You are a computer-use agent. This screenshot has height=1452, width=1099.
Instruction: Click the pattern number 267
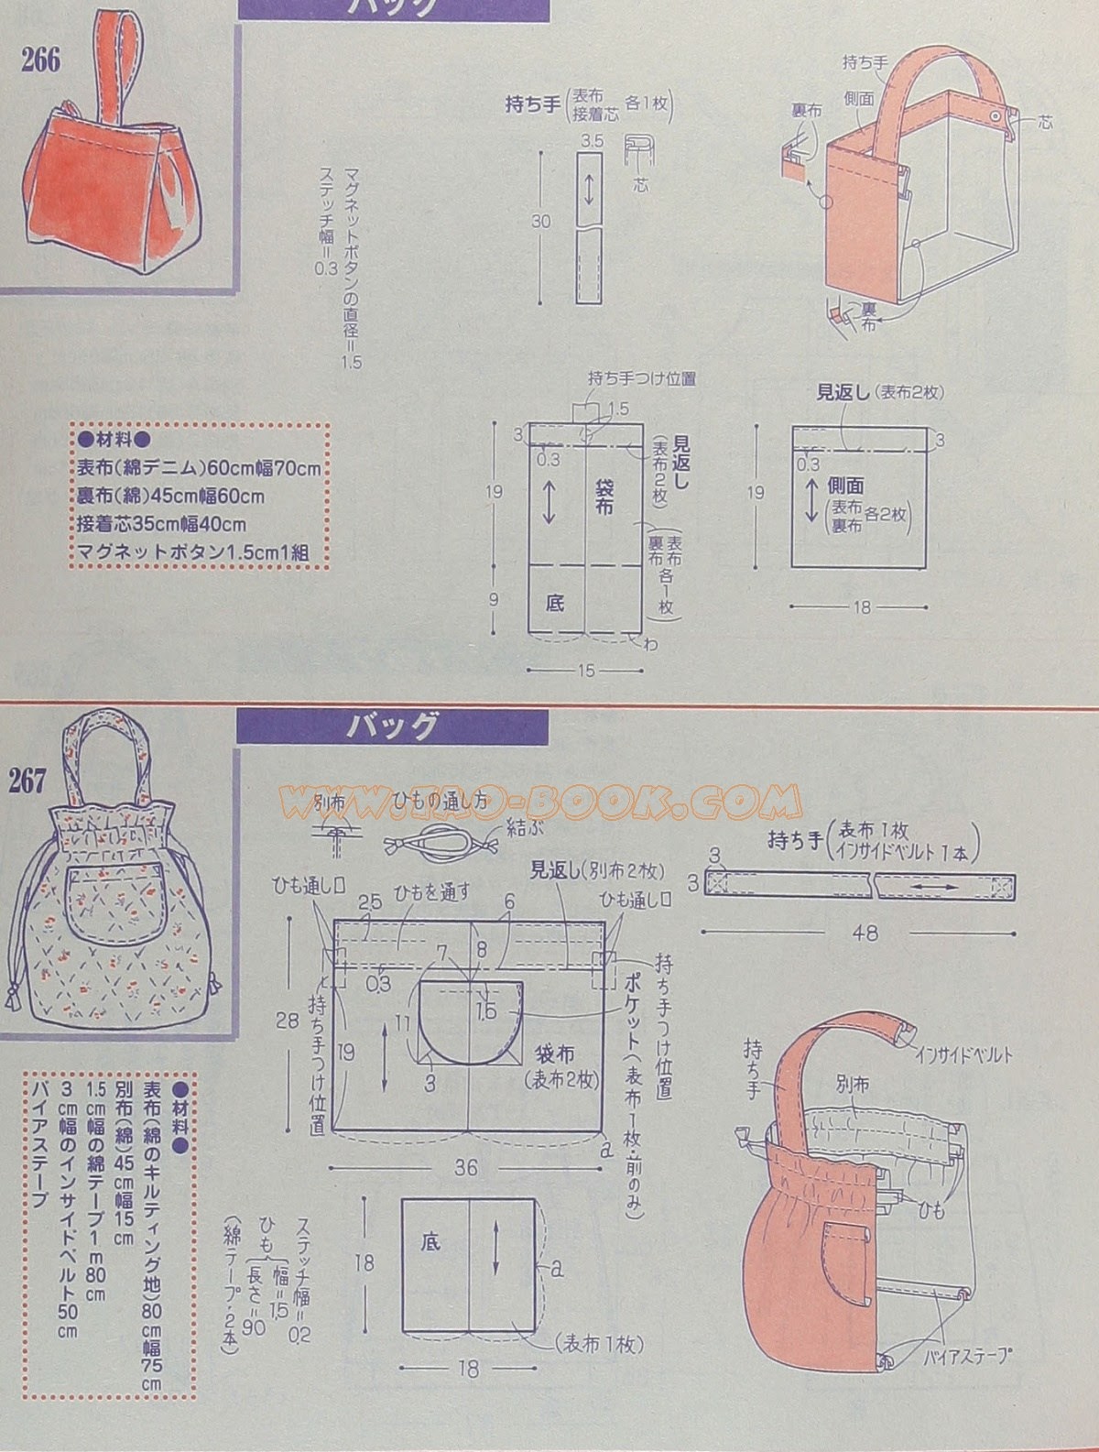pyautogui.click(x=27, y=781)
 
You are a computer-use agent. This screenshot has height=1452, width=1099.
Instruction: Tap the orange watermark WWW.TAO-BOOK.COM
pyautogui.click(x=540, y=800)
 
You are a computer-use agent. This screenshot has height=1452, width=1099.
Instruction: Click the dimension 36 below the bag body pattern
pyautogui.click(x=466, y=1168)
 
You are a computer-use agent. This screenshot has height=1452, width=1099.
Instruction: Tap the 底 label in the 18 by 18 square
pyautogui.click(x=431, y=1242)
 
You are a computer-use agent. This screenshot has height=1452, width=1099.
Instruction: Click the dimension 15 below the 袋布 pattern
pyautogui.click(x=586, y=671)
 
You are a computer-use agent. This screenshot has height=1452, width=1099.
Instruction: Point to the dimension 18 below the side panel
pyautogui.click(x=861, y=606)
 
